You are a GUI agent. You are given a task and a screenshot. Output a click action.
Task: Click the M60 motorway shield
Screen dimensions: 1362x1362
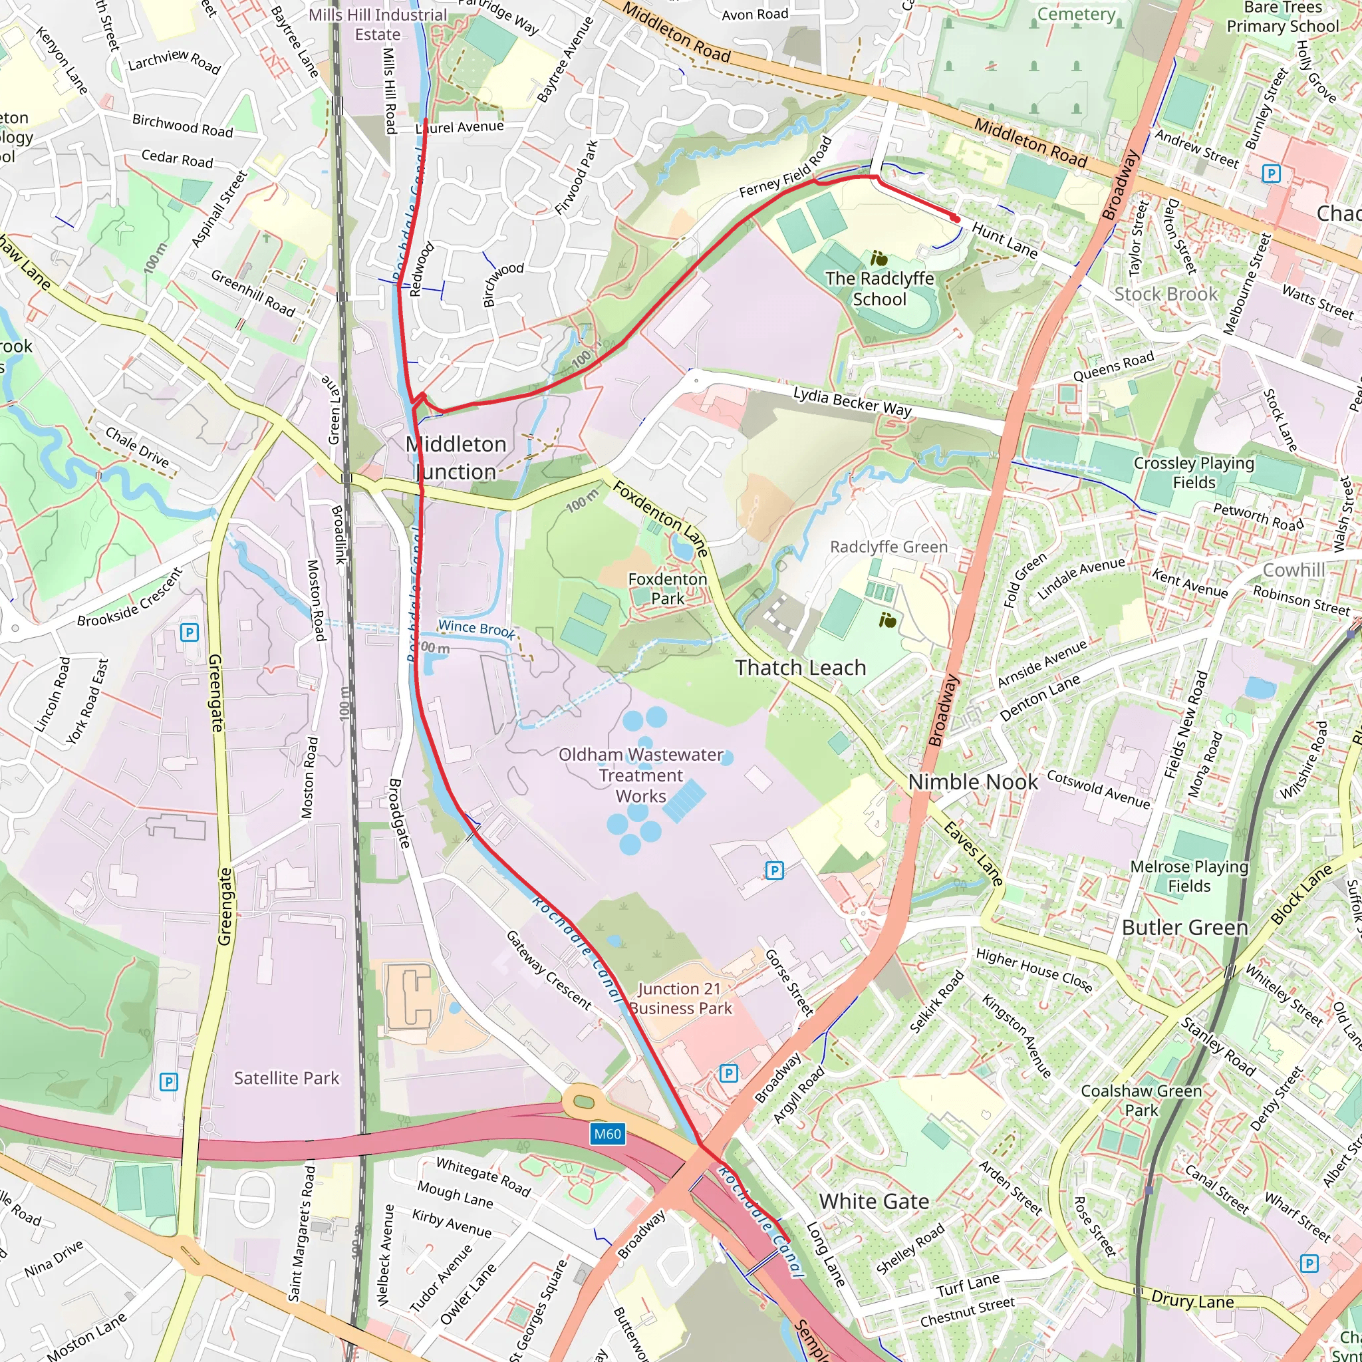click(x=607, y=1134)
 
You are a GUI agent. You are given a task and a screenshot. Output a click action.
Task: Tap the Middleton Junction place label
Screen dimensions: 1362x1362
click(x=456, y=458)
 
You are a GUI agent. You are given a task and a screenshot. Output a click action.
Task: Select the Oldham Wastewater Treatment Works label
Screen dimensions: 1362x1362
click(x=641, y=775)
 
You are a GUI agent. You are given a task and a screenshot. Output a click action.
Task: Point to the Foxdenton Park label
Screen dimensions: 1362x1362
click(x=667, y=588)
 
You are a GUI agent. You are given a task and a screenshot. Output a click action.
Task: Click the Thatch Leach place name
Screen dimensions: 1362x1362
click(x=800, y=668)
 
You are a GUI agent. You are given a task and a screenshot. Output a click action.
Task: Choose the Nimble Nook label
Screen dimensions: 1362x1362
click(x=972, y=782)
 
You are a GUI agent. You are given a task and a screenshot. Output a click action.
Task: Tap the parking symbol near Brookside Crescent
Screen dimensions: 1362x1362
click(x=189, y=632)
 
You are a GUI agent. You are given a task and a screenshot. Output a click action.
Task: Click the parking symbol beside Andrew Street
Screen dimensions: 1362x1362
click(x=1270, y=174)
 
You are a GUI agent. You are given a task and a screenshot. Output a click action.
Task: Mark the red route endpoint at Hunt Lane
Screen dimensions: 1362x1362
click(x=955, y=219)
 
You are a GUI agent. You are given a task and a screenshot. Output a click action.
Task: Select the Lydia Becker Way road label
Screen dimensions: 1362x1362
click(x=852, y=401)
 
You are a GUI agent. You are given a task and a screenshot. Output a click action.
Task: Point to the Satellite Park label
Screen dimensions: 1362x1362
click(x=286, y=1078)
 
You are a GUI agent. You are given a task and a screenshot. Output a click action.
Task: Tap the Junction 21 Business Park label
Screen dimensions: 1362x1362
click(x=680, y=998)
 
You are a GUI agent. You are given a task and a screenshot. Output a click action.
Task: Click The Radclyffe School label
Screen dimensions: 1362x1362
click(x=879, y=289)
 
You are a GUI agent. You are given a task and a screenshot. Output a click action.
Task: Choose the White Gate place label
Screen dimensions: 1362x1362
click(x=873, y=1201)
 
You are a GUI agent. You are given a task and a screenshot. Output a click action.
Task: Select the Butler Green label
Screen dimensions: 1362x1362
click(x=1184, y=927)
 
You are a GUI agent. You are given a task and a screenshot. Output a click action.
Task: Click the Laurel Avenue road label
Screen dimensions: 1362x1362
click(x=460, y=128)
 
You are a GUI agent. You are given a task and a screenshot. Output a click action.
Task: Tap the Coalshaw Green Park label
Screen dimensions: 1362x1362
click(x=1141, y=1101)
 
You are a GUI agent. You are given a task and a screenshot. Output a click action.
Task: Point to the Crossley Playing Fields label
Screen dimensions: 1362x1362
click(x=1194, y=472)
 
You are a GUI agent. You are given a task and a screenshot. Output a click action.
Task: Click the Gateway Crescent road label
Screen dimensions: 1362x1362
click(x=549, y=970)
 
